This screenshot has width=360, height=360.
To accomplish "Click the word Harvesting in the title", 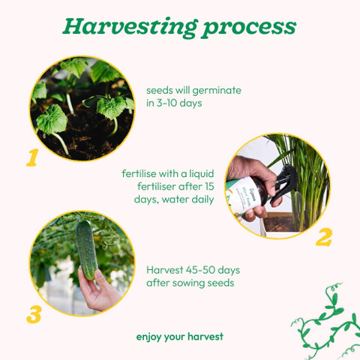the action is (130, 27).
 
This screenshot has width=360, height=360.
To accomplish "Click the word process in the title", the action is (250, 28).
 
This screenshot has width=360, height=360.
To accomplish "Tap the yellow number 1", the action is (32, 157).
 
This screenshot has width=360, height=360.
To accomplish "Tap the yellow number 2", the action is (324, 237).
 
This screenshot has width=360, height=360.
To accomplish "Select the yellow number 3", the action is (34, 314).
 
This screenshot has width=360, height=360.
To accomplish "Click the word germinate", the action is (217, 91).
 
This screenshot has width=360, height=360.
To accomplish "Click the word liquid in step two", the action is (201, 174).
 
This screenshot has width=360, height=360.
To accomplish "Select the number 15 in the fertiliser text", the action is (209, 187).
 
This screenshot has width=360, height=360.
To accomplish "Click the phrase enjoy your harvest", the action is (180, 337).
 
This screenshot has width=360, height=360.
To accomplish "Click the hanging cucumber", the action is (87, 250).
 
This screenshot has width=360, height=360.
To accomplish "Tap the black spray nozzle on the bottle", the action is (285, 181).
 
